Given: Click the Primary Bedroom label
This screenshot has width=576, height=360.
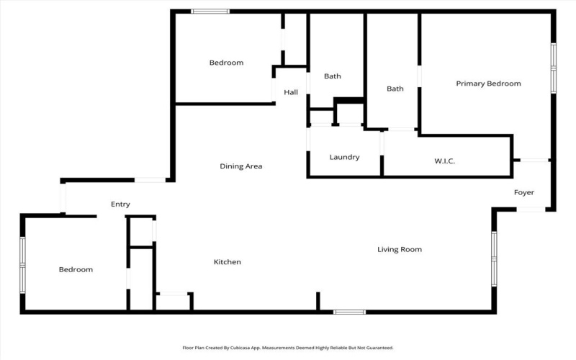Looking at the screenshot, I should pyautogui.click(x=488, y=84).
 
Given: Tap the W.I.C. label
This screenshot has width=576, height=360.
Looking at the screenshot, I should pyautogui.click(x=444, y=161).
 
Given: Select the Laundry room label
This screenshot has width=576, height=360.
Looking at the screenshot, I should pyautogui.click(x=344, y=157).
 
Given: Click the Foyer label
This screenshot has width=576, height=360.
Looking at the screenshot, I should pyautogui.click(x=523, y=192).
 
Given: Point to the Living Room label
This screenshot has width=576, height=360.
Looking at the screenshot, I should pyautogui.click(x=400, y=250).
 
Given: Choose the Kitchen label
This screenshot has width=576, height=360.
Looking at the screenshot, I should pyautogui.click(x=227, y=262).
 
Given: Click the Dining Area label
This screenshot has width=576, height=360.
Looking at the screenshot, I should pyautogui.click(x=240, y=166).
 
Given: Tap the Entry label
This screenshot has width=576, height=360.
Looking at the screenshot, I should pyautogui.click(x=120, y=204).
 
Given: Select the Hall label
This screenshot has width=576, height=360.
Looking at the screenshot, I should pyautogui.click(x=291, y=92).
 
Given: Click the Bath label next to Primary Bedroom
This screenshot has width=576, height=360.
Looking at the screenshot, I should pyautogui.click(x=395, y=89).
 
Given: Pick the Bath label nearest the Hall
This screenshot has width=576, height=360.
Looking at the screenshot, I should pyautogui.click(x=332, y=76).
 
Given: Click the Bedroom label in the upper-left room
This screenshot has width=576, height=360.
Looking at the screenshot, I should pyautogui.click(x=226, y=63).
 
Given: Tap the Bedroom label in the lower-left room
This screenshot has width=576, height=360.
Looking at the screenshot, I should pyautogui.click(x=76, y=269).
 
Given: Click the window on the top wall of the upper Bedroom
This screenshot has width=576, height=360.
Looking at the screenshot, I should pyautogui.click(x=210, y=11).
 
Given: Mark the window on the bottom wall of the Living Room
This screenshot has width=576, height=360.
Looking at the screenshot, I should pyautogui.click(x=349, y=312).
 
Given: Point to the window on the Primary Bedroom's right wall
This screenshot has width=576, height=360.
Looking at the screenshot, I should pyautogui.click(x=553, y=68).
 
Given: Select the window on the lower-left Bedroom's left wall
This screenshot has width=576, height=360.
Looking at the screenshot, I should pyautogui.click(x=22, y=264).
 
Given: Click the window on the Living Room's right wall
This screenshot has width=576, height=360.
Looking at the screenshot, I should pyautogui.click(x=494, y=258).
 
